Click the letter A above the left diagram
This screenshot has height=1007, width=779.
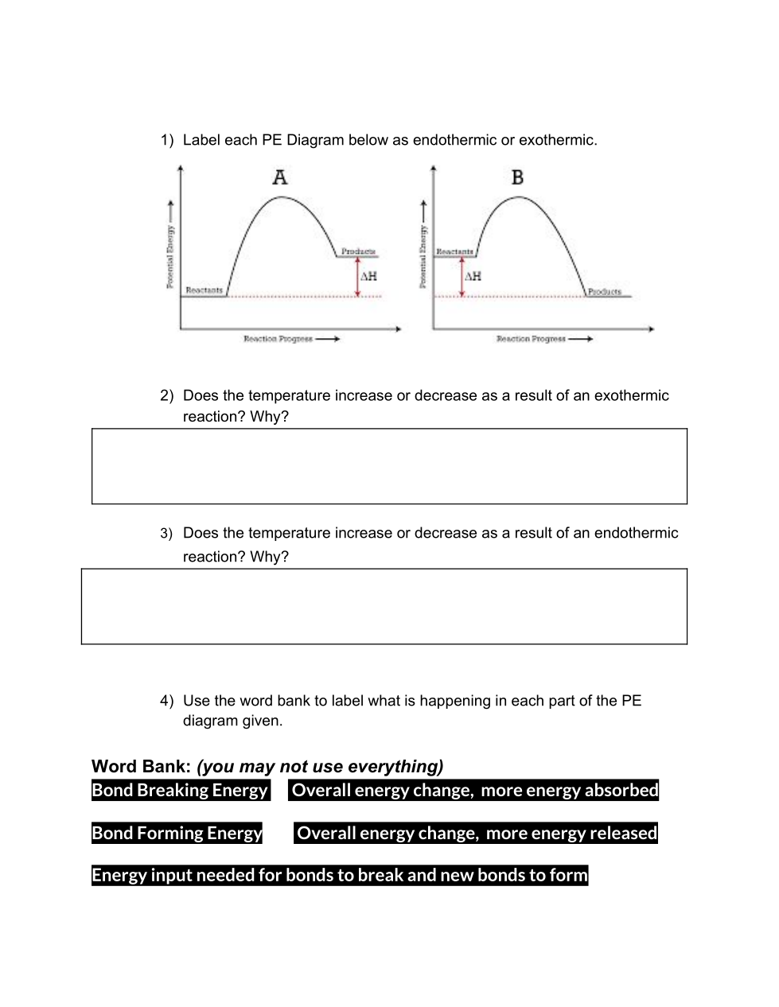coord(280,177)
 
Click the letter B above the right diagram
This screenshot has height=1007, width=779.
coord(517,177)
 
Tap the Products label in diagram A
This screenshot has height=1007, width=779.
coord(358,251)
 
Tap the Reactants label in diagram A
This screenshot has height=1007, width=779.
coord(204,290)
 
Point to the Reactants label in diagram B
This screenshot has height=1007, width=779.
coord(454,251)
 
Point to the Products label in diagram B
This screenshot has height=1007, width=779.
coord(605,292)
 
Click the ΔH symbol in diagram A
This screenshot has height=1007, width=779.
coord(368,276)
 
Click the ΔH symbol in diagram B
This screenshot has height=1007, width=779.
coord(473,276)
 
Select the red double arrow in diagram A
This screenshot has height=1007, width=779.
coord(357,277)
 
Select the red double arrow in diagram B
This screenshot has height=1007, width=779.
coord(462,277)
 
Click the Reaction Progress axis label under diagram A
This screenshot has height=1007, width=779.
coord(278,339)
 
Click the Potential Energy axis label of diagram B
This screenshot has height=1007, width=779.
coord(423,256)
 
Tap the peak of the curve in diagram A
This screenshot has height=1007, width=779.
coord(282,196)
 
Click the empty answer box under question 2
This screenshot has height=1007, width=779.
coord(389,466)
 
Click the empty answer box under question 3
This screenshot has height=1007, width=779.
coord(384,606)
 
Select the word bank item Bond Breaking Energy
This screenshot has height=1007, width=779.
coord(180,790)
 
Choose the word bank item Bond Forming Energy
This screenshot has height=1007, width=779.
coord(177,833)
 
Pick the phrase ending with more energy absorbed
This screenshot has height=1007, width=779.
coord(474,790)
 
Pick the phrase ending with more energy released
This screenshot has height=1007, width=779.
coord(476,833)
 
